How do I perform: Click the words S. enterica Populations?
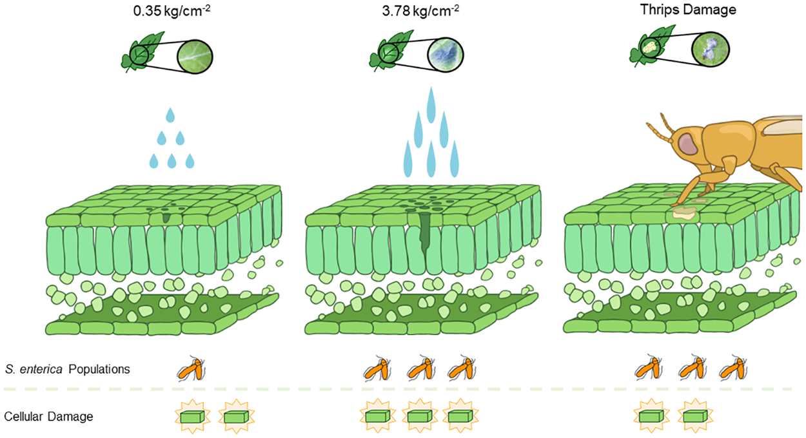point(67,370)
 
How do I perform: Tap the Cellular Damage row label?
point(48,417)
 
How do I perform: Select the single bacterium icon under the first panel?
point(193,369)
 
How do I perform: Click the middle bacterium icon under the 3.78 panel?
point(421,369)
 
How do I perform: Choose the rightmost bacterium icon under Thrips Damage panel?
point(732,369)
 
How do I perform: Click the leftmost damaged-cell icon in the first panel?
point(192,417)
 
